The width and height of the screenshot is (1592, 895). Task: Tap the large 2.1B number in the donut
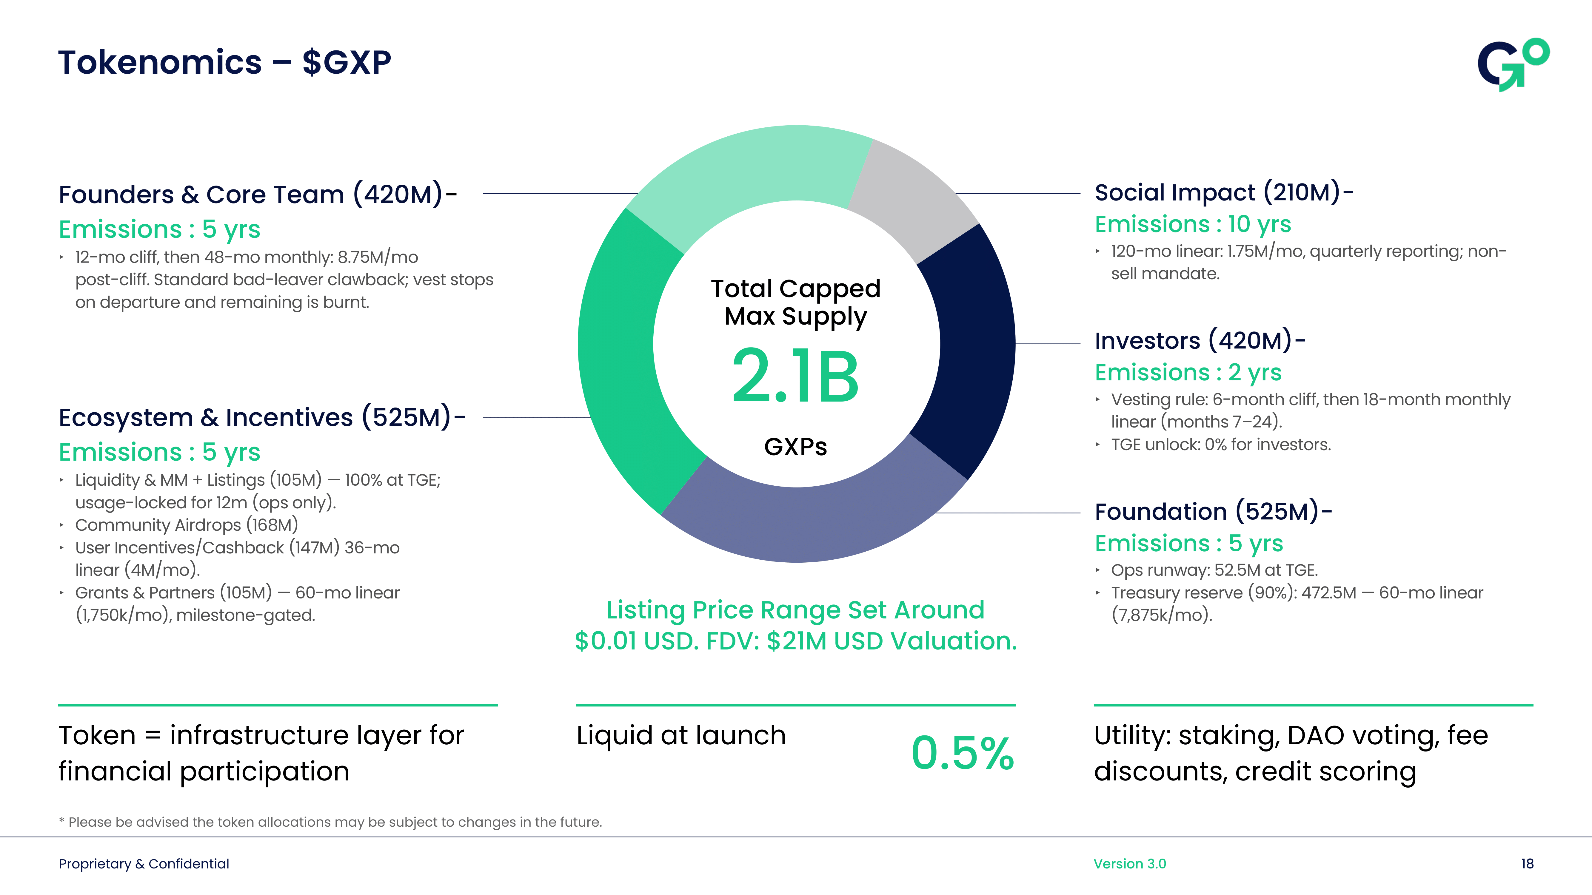(795, 376)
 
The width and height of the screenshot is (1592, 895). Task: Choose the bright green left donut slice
(624, 358)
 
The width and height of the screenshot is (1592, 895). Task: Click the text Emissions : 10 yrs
(1193, 224)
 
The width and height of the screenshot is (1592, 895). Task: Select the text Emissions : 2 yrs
(1188, 372)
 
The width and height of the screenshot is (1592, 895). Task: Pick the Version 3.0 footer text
(1129, 863)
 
